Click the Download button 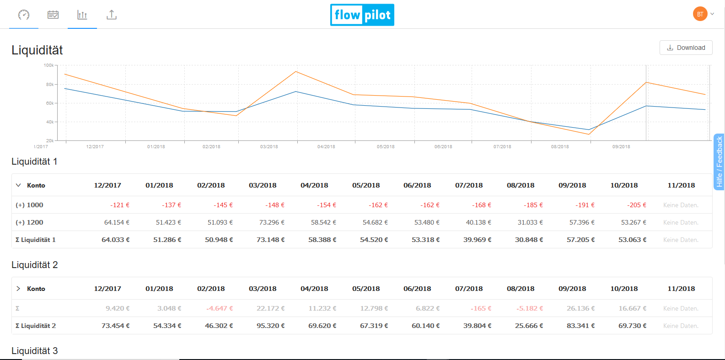[x=686, y=48]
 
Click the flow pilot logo [x=362, y=15]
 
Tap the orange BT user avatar [x=700, y=14]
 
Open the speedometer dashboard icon [x=24, y=15]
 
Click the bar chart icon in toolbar [x=82, y=15]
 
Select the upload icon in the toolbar [x=112, y=15]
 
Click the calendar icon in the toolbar [x=53, y=15]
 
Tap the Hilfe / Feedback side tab [x=719, y=161]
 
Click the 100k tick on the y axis [x=49, y=65]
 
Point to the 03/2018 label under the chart [x=269, y=147]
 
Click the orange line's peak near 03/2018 [x=296, y=71]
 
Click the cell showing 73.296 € [x=272, y=222]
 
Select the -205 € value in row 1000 [x=636, y=205]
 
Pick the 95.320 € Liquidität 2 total [x=270, y=326]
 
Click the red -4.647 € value [x=220, y=308]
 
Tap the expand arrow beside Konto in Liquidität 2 [x=18, y=289]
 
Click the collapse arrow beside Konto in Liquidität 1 [x=18, y=185]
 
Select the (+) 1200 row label [x=29, y=222]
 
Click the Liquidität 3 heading [x=35, y=351]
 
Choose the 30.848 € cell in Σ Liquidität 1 [x=529, y=240]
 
